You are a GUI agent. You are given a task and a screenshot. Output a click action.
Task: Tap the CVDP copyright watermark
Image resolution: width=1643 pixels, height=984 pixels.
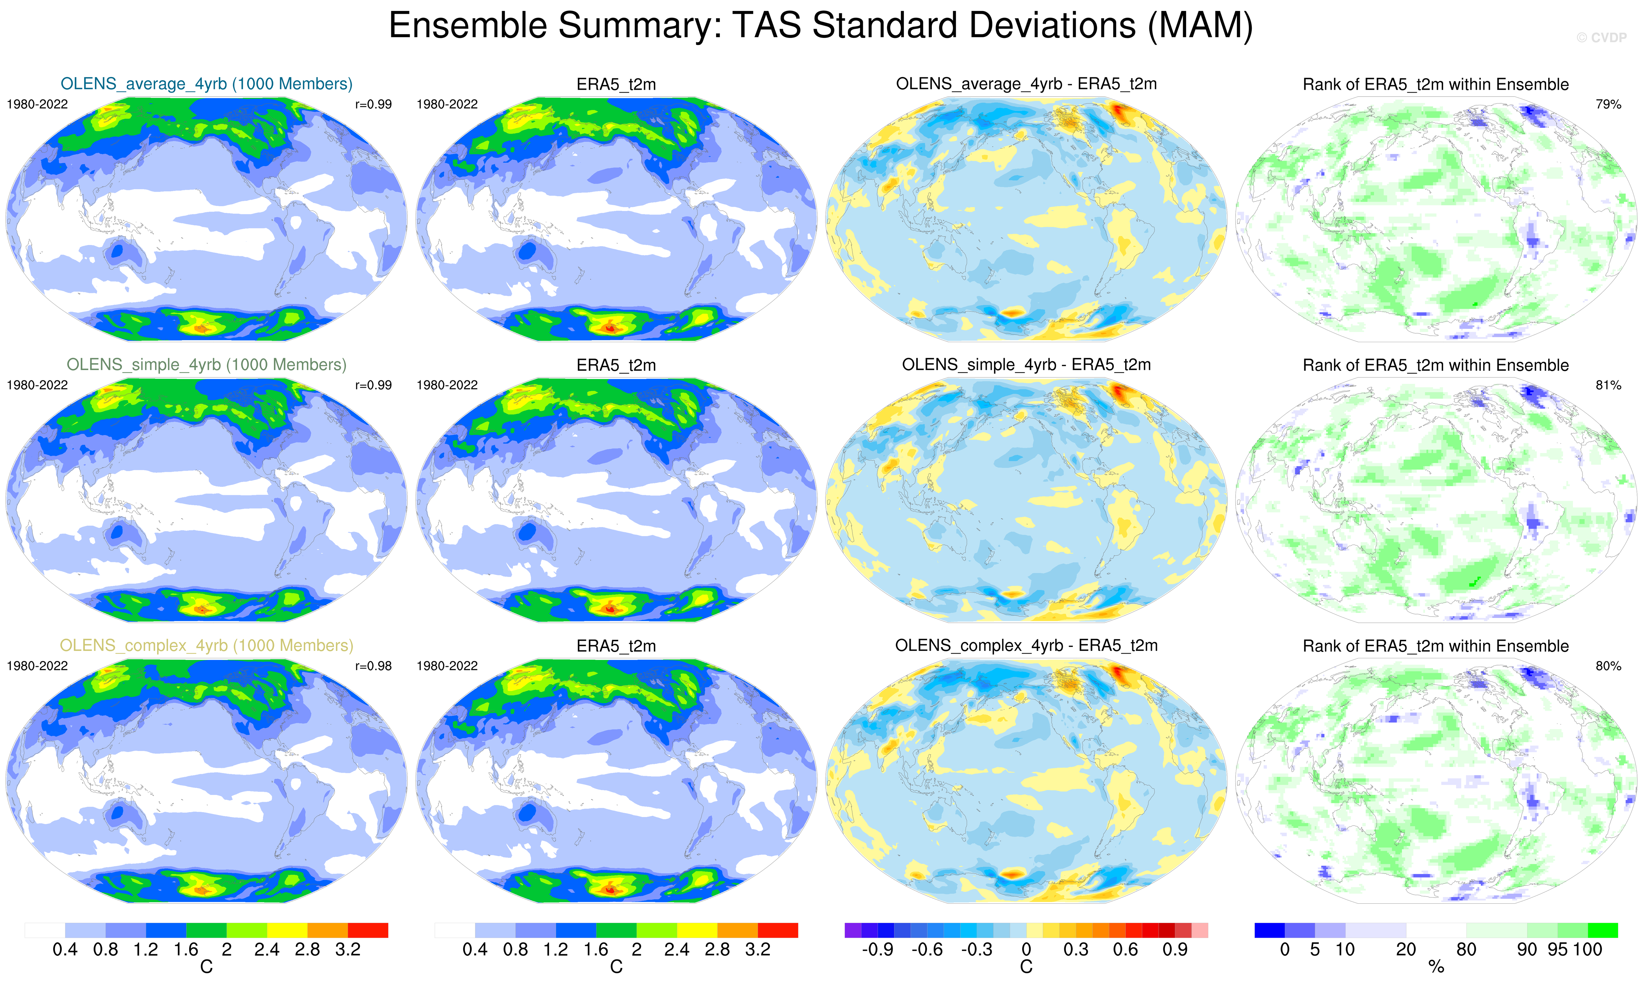click(1601, 38)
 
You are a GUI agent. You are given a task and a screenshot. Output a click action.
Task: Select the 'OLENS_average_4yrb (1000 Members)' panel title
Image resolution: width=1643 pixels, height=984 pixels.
click(206, 84)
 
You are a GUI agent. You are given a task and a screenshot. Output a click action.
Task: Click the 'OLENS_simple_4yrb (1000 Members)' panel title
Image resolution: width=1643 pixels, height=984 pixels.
click(206, 365)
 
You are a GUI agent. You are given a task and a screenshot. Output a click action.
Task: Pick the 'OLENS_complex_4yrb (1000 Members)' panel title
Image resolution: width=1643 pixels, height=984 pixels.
click(206, 646)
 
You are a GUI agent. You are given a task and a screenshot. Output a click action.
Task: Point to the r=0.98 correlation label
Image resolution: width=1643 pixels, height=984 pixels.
click(373, 666)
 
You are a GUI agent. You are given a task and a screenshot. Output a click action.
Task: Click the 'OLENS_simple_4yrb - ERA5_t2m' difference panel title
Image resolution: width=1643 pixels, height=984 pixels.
click(1026, 365)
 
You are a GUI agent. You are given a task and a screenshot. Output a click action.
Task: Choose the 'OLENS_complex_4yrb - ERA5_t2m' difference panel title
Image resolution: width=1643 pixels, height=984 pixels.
click(1026, 646)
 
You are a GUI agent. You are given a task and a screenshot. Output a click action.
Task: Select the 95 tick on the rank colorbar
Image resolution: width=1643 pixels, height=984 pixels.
click(1557, 949)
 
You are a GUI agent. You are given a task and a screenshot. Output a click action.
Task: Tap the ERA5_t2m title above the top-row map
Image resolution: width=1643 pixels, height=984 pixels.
click(616, 84)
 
